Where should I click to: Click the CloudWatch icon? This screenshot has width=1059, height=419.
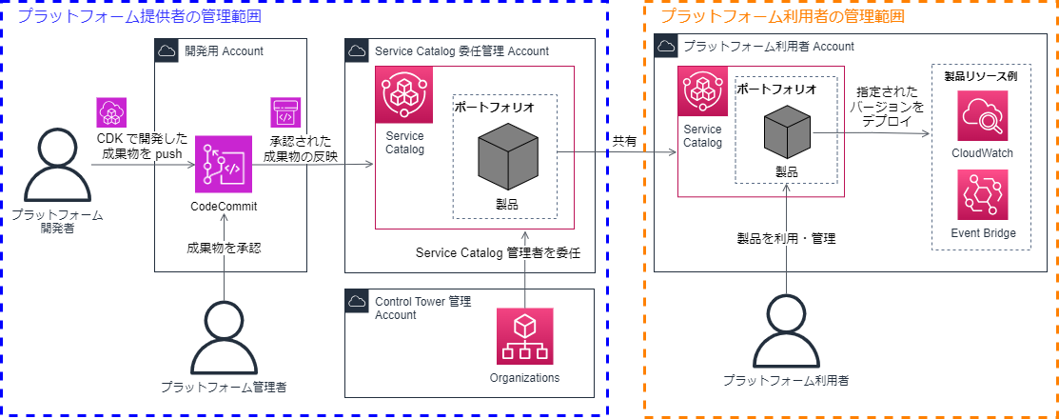pos(982,115)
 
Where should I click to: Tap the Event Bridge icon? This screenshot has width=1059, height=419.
pos(982,196)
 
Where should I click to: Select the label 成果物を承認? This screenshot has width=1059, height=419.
pos(225,249)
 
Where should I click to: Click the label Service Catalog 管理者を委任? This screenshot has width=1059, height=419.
pos(498,253)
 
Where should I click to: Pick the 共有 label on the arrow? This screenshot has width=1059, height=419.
pos(624,140)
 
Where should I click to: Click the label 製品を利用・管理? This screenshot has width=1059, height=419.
pos(786,238)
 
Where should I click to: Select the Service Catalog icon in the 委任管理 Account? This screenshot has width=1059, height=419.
pos(403,95)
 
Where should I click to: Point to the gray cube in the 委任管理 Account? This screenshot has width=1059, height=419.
pos(507,155)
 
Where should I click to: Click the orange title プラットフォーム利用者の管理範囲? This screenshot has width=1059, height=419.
pos(782,16)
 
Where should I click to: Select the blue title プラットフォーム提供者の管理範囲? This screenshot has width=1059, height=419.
pos(140,16)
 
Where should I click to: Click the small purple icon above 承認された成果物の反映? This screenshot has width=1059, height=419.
pos(285,111)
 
